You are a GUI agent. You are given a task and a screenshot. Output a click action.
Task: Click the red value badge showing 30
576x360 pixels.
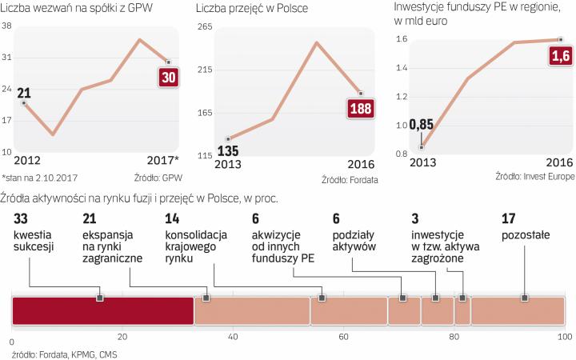[169, 78]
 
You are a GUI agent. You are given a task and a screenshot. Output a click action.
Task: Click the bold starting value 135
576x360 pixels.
[229, 150]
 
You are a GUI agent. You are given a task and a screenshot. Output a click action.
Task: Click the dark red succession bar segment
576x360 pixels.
[103, 310]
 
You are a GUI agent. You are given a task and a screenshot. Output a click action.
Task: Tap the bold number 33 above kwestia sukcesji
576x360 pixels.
[21, 218]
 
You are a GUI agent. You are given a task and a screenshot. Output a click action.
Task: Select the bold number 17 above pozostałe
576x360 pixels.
[508, 218]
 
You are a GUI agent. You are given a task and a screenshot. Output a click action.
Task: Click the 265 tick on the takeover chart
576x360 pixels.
[204, 28]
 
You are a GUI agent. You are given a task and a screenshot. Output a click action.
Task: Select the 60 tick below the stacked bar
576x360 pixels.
[343, 337]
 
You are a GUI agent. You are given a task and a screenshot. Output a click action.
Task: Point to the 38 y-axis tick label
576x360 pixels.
[6, 26]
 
